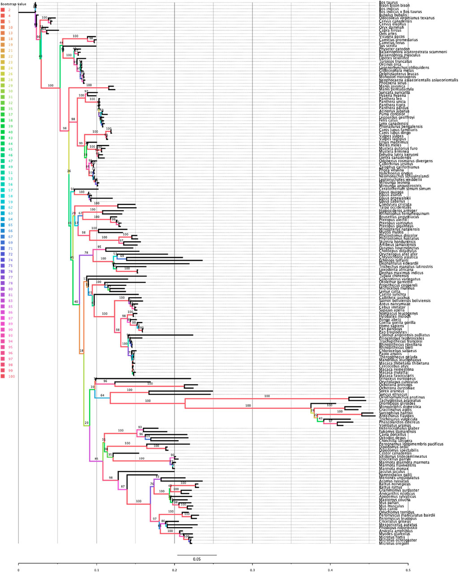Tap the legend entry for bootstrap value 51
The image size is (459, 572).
tap(10, 172)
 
